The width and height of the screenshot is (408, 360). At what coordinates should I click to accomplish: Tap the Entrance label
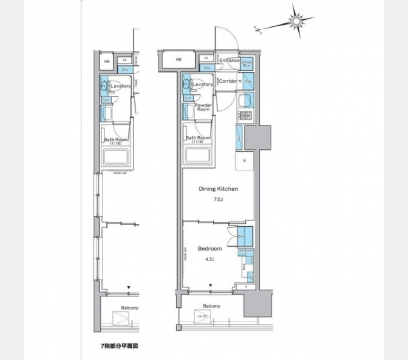tap(229, 61)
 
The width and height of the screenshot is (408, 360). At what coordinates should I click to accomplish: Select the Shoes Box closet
tap(246, 64)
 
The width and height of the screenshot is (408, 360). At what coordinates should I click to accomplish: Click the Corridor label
tap(227, 81)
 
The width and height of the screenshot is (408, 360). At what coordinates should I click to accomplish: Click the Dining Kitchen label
tap(218, 189)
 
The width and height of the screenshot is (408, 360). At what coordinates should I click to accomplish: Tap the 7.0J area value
tap(218, 199)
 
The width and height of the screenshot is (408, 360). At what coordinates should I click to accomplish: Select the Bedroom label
tap(210, 248)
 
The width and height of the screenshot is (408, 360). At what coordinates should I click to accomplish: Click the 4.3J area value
tap(210, 258)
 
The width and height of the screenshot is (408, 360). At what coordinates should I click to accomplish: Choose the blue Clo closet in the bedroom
tap(245, 236)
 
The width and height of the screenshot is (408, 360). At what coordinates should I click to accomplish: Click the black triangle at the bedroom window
tap(210, 286)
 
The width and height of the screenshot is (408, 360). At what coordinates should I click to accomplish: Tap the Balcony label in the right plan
tap(211, 306)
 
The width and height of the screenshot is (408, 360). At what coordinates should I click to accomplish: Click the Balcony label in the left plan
tap(130, 308)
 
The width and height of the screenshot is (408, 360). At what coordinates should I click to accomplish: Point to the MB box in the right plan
tap(179, 60)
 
